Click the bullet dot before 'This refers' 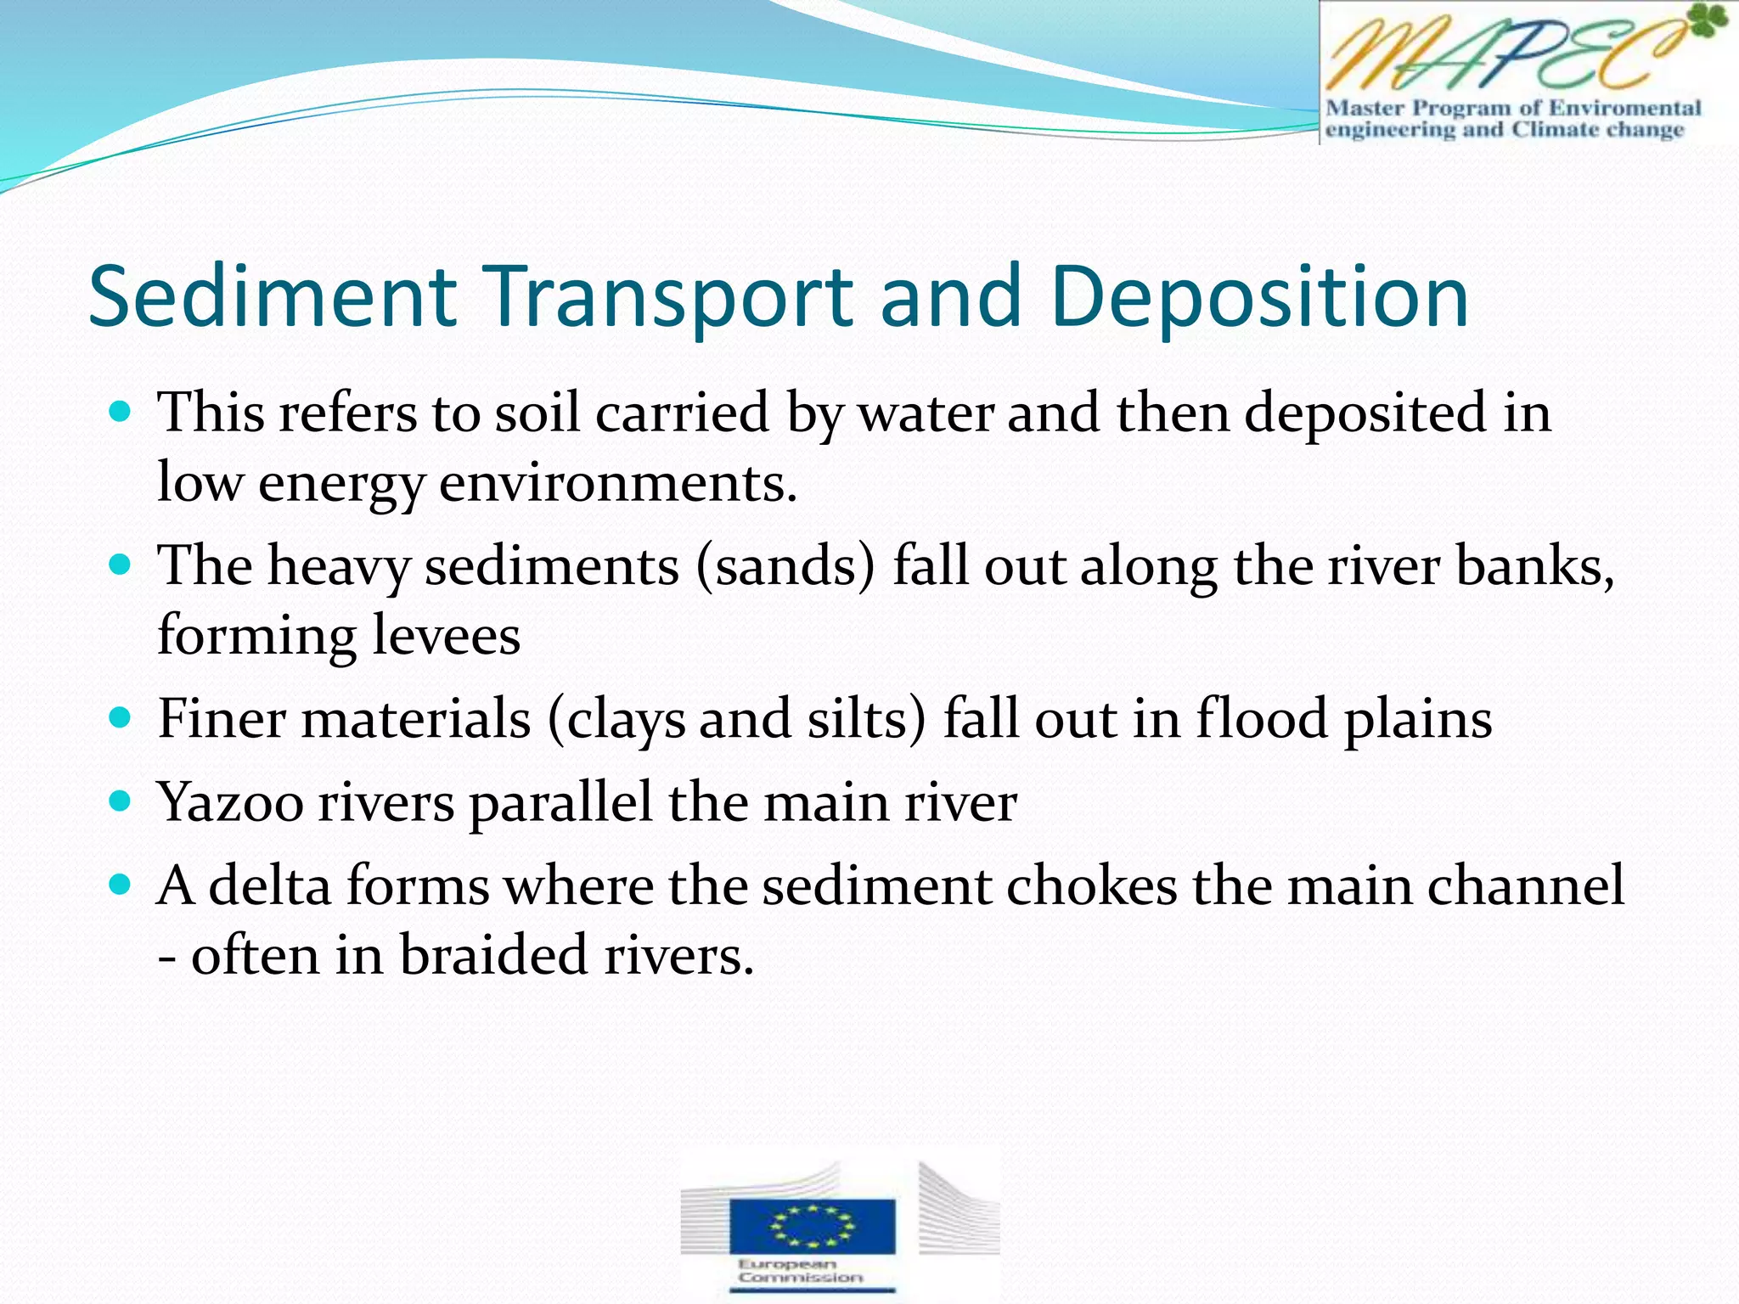tap(121, 413)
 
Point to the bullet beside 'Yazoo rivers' tap(121, 801)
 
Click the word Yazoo tap(230, 802)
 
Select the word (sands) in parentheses tap(785, 566)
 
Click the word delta tap(269, 885)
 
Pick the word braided tap(493, 955)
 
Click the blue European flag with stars tap(812, 1225)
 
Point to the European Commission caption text tap(801, 1271)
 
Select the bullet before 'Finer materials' tap(121, 718)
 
